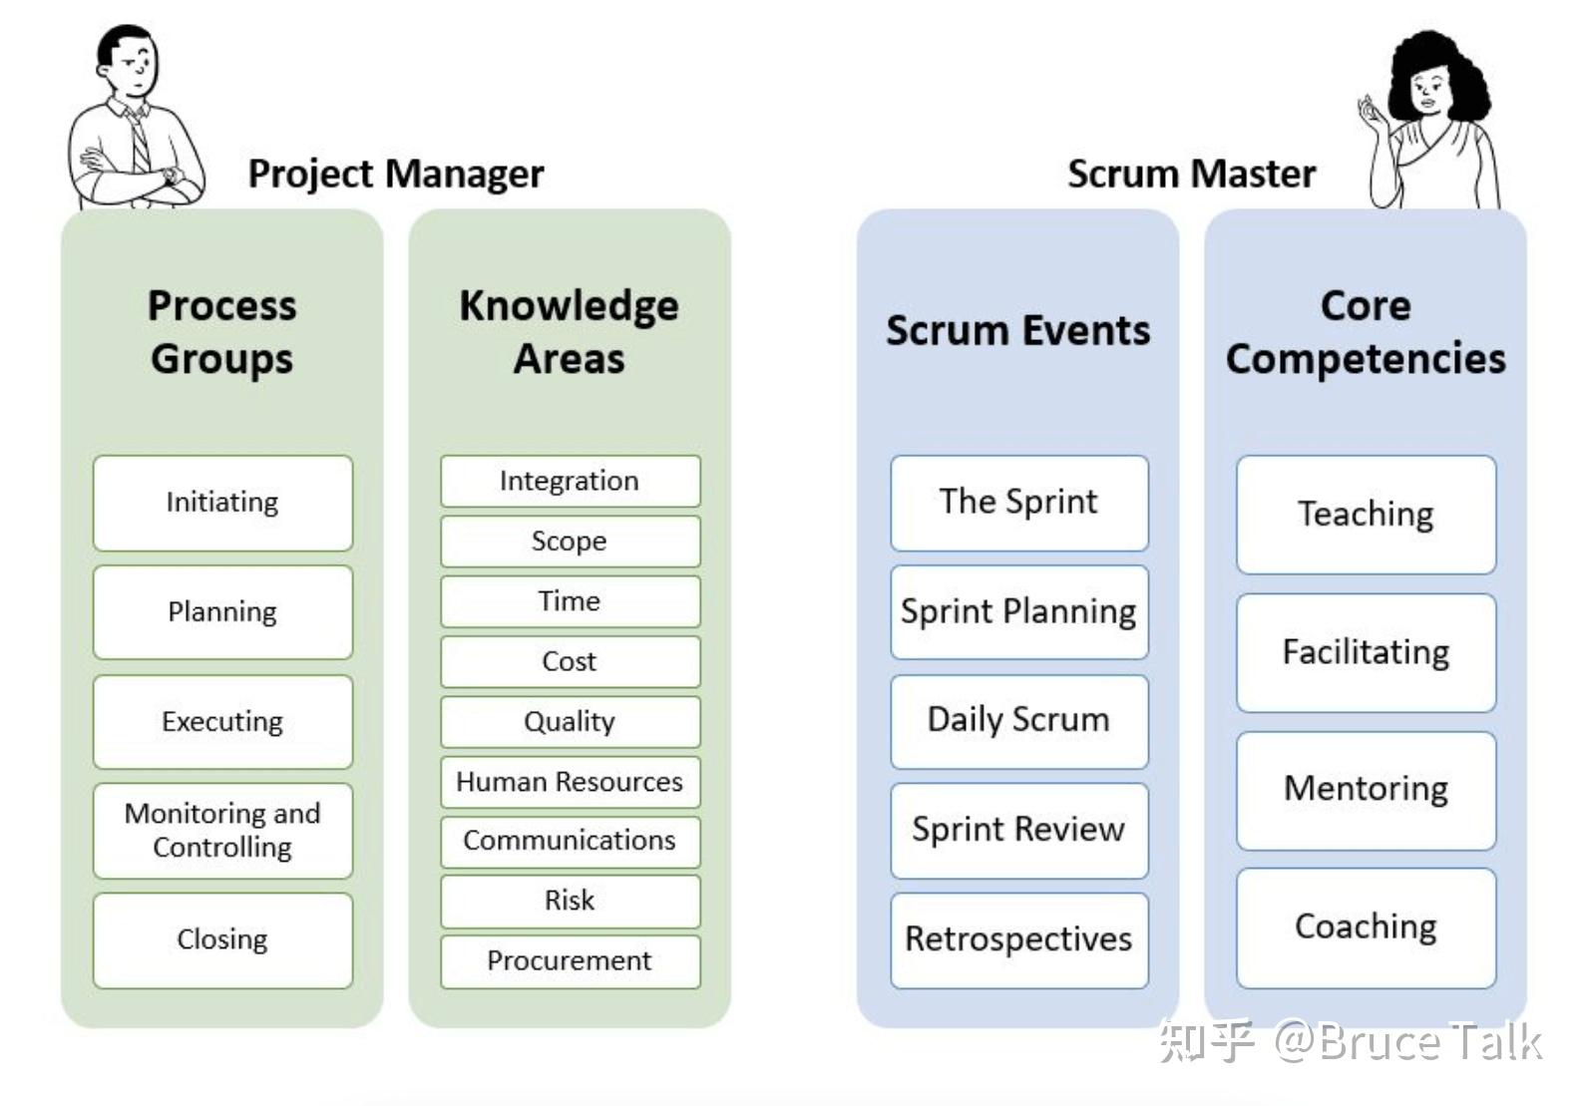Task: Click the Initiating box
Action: [x=222, y=503]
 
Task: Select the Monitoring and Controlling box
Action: [x=222, y=830]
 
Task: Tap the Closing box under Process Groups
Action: [x=222, y=939]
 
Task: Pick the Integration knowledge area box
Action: [x=570, y=481]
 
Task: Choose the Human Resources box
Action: [x=570, y=782]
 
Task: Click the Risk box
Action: [x=570, y=901]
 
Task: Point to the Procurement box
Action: [x=570, y=960]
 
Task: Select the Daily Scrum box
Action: [x=1018, y=720]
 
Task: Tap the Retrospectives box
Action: [x=1018, y=939]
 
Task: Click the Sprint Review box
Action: [x=1018, y=830]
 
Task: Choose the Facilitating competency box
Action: [x=1366, y=652]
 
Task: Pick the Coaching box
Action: [x=1366, y=926]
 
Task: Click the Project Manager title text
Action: [x=396, y=175]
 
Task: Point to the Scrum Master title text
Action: [x=1191, y=175]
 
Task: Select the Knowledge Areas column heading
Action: [x=570, y=332]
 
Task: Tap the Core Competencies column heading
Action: [x=1366, y=332]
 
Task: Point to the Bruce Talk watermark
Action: [x=1351, y=1042]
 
